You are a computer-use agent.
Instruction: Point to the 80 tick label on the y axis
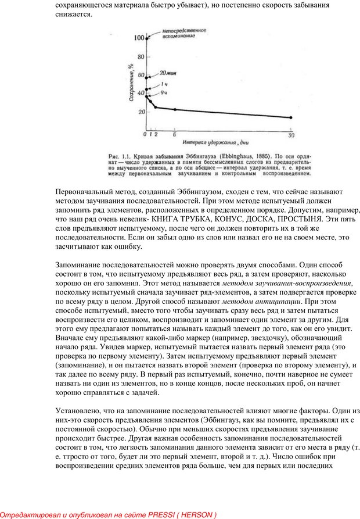139,57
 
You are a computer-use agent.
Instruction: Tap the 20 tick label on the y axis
139,111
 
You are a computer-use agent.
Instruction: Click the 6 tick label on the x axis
174,134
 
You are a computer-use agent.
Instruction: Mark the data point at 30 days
291,117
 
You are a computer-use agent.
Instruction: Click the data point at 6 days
175,109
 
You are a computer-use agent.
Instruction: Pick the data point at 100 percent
147,38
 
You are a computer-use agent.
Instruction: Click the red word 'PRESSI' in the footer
168,515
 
